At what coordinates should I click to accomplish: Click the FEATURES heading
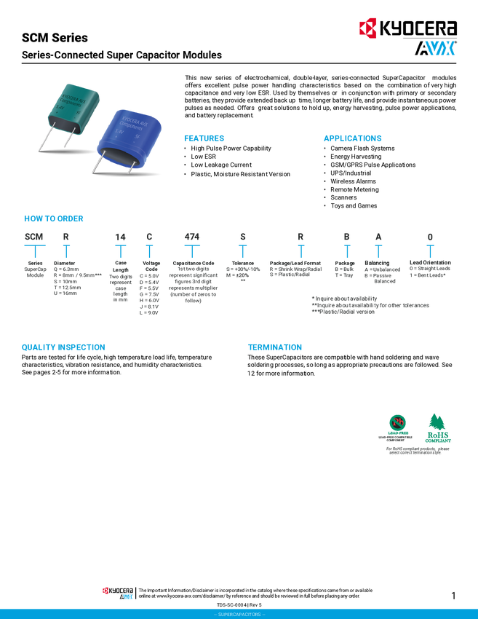[204, 138]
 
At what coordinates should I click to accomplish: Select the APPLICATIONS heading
[353, 138]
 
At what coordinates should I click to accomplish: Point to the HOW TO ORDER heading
[55, 218]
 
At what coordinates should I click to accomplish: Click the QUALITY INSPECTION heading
[63, 347]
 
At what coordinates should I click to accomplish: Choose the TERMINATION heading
[275, 347]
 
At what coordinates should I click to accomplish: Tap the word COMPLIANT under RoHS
[439, 441]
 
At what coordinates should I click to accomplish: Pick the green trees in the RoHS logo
[439, 421]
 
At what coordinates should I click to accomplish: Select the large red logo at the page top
[367, 29]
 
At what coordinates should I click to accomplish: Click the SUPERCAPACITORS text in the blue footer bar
[239, 615]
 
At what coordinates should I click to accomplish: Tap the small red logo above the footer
[105, 590]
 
